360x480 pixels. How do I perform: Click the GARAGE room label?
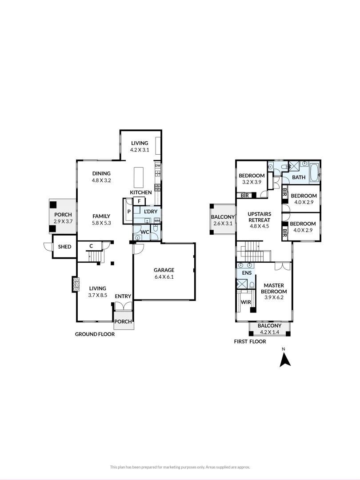click(164, 270)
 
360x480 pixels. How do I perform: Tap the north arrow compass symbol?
click(284, 359)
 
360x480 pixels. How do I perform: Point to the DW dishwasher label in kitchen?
click(158, 166)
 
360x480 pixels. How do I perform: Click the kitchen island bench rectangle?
click(139, 176)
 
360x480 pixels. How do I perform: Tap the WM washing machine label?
click(157, 220)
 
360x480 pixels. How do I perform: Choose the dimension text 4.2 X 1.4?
click(269, 332)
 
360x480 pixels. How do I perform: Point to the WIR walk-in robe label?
click(246, 302)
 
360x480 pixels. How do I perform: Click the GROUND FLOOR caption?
click(95, 334)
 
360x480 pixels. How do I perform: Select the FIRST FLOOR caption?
click(250, 342)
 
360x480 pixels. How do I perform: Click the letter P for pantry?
click(129, 212)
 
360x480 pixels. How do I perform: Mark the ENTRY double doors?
click(123, 307)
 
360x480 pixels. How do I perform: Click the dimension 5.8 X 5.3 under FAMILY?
click(101, 223)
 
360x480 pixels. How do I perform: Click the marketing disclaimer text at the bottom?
click(180, 467)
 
